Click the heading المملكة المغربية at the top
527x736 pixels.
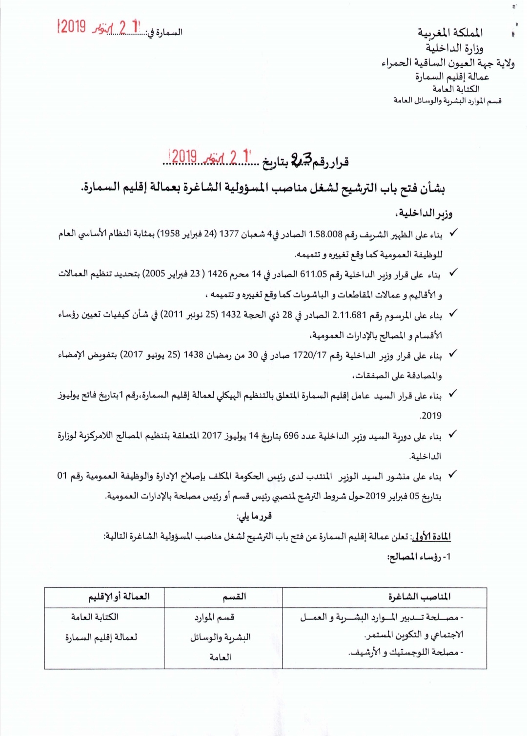pyautogui.click(x=450, y=33)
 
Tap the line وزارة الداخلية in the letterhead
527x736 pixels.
pyautogui.click(x=454, y=48)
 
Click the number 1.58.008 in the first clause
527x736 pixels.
pyautogui.click(x=326, y=234)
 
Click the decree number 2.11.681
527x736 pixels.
pyautogui.click(x=349, y=315)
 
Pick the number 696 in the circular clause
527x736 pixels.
pyautogui.click(x=291, y=436)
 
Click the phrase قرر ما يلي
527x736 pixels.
pyautogui.click(x=254, y=516)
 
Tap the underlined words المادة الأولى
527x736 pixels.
pyautogui.click(x=431, y=537)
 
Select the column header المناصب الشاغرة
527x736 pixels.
pyautogui.click(x=419, y=597)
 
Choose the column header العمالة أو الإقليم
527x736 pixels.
pyautogui.click(x=119, y=597)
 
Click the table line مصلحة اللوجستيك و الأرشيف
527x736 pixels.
pyautogui.click(x=406, y=653)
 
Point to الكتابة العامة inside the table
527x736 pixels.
pyautogui.click(x=95, y=617)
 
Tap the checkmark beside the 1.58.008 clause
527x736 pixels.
pyautogui.click(x=453, y=233)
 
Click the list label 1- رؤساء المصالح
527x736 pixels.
pyautogui.click(x=419, y=557)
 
